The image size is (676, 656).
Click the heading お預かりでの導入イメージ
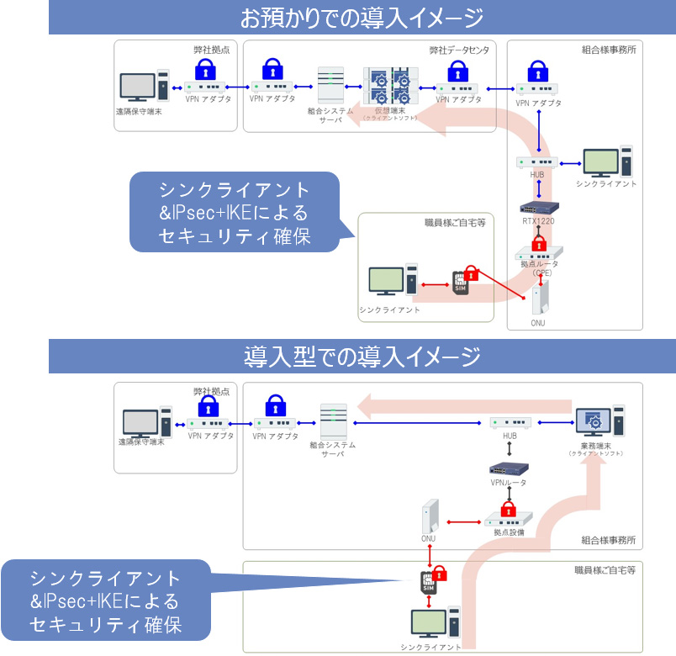(x=362, y=17)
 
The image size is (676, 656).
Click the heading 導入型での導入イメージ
(x=362, y=356)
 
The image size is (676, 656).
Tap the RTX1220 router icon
(x=538, y=207)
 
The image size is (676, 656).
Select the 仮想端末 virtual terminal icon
(x=389, y=86)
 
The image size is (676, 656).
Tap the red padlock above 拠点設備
(x=508, y=509)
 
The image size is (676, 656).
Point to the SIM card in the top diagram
(x=461, y=283)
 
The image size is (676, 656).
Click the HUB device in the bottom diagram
(x=510, y=423)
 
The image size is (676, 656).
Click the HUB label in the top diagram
(x=537, y=174)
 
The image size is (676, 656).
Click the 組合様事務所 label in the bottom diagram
(x=608, y=539)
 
